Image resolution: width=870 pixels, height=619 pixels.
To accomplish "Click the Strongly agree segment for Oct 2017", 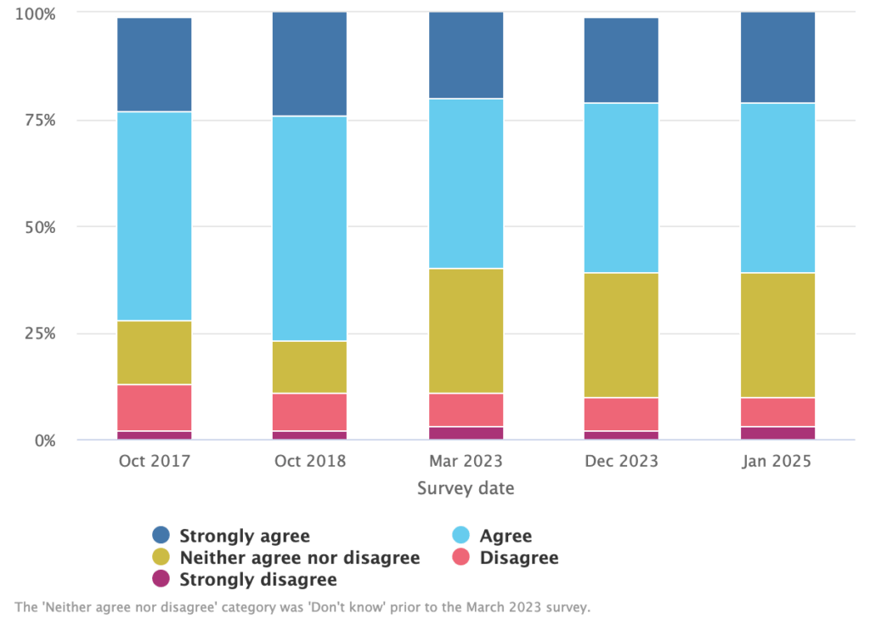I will (x=155, y=65).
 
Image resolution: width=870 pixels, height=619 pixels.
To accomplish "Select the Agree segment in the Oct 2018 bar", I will (x=309, y=228).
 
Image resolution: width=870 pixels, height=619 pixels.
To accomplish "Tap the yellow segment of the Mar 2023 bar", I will (x=466, y=331).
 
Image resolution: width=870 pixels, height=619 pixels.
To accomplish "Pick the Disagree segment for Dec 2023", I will (x=621, y=414).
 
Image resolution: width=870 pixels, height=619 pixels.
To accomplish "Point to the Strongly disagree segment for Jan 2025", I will (x=777, y=433).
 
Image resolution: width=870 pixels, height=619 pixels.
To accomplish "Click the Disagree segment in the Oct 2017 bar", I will (x=155, y=407).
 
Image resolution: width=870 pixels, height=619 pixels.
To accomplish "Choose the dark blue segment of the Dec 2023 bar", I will (x=621, y=60).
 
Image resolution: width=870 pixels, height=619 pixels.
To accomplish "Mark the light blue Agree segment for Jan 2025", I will (x=777, y=187).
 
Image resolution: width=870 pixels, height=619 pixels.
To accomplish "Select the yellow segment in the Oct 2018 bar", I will (x=309, y=366).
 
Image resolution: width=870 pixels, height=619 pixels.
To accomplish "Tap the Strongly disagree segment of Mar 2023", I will (x=466, y=433).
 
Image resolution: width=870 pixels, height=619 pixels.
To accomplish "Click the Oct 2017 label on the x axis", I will (x=155, y=461).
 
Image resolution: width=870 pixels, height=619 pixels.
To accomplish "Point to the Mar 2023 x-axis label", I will (x=466, y=461).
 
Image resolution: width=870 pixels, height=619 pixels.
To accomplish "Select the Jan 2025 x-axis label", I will (x=777, y=461).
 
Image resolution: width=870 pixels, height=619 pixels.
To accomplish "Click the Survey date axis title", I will (x=466, y=490).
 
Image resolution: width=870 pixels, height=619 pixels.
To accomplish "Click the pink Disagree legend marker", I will (x=460, y=559).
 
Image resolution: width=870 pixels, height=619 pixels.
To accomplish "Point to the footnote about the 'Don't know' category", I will (x=302, y=607).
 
